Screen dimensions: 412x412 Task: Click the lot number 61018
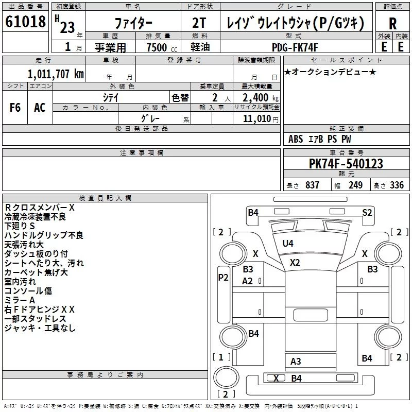[x=25, y=23]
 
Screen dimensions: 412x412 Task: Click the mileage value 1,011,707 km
[x=56, y=74]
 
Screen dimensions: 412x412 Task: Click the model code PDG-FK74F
[x=296, y=47]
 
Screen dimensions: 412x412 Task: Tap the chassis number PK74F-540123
[x=346, y=164]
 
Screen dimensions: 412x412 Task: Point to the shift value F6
[x=15, y=108]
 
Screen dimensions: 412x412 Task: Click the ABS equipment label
[x=296, y=139]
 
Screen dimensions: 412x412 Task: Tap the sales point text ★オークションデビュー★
[x=330, y=72]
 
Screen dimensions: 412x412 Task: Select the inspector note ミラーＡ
[x=20, y=300]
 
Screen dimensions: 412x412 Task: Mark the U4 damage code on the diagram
[x=287, y=243]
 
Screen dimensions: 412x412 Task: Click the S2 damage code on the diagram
[x=367, y=212]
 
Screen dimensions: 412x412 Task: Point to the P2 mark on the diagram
[x=223, y=277]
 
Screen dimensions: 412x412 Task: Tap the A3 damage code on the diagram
[x=296, y=361]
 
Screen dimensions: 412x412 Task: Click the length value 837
[x=312, y=185]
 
